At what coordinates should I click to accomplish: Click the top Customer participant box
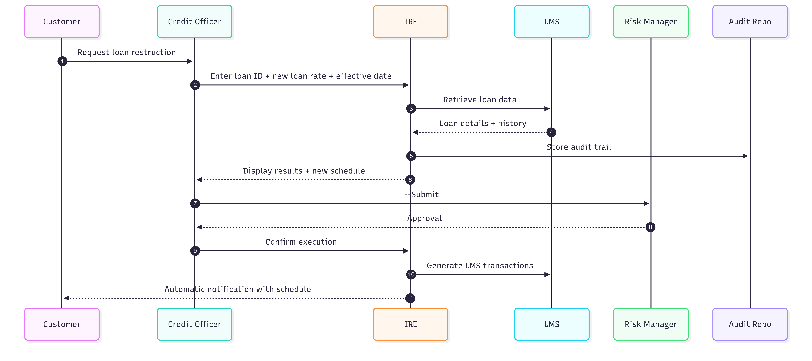coord(62,21)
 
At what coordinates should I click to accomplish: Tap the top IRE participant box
coord(410,21)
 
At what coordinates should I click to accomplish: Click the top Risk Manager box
coord(651,21)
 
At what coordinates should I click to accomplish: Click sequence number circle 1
coord(62,61)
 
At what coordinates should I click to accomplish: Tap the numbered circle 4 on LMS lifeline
coord(551,132)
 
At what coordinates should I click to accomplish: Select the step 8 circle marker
coord(650,227)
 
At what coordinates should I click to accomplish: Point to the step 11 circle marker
coord(410,298)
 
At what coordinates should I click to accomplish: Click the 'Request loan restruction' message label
coord(127,52)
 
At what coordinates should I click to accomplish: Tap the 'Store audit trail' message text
coord(579,147)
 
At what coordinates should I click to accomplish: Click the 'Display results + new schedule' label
coord(304,171)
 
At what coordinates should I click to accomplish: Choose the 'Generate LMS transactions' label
coord(480,266)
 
